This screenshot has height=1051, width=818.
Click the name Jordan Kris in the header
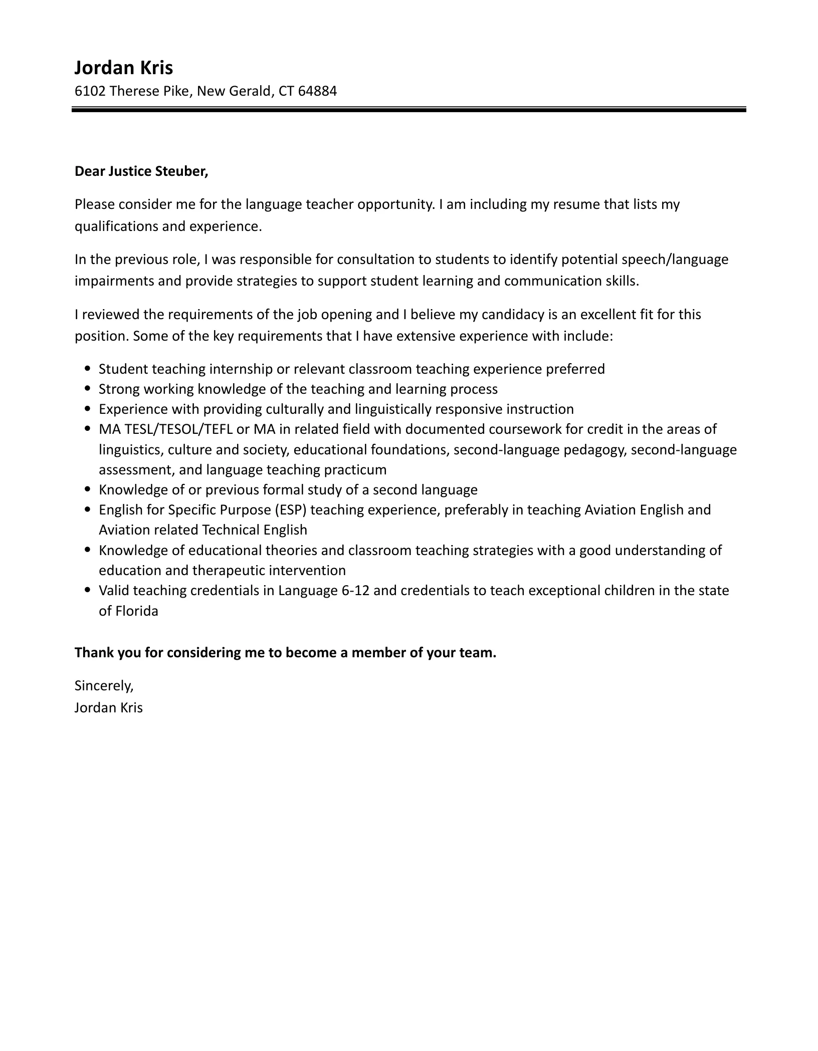123,68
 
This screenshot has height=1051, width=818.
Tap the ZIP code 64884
317,91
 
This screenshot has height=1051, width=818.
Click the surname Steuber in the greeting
181,171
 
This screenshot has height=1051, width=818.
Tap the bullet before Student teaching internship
88,369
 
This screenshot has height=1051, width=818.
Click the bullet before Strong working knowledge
88,389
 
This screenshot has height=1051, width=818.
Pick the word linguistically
393,409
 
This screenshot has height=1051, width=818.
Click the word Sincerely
104,685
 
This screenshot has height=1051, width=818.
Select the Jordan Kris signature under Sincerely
109,708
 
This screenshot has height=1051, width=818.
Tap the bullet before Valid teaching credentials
88,591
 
